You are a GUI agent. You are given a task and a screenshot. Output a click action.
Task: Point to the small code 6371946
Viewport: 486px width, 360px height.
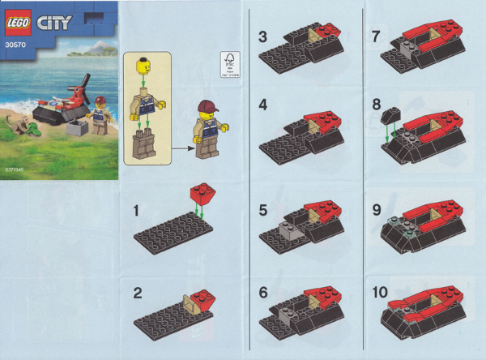tap(14, 171)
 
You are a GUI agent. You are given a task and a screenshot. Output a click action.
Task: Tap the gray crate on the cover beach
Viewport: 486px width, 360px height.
tap(79, 128)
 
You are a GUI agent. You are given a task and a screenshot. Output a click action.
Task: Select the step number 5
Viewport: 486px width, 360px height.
tap(263, 208)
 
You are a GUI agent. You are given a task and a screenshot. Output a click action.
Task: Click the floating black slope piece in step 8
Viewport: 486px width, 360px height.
tap(390, 117)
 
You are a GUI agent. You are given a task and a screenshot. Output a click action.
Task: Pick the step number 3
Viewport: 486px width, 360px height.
tap(263, 36)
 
